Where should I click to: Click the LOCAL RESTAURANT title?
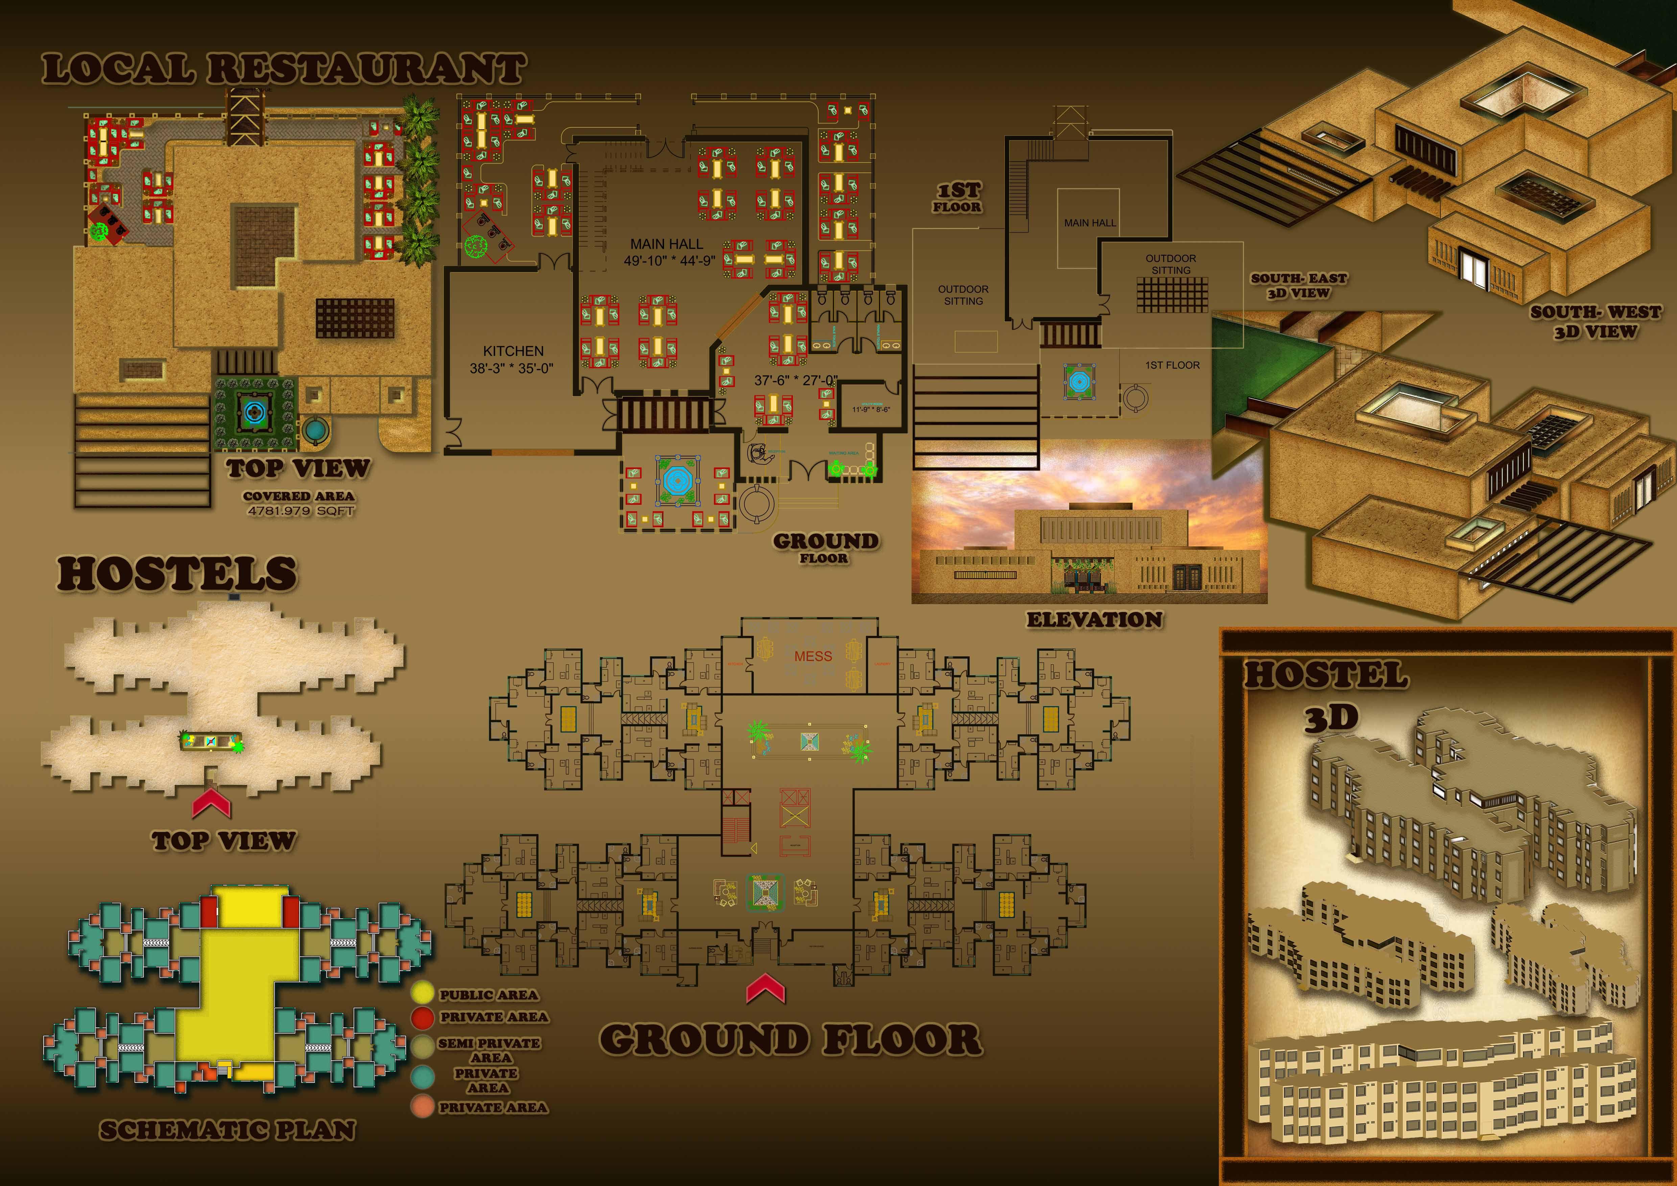click(283, 69)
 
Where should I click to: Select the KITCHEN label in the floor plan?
click(513, 351)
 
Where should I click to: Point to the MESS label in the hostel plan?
click(813, 657)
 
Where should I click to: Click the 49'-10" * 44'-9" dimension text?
click(669, 261)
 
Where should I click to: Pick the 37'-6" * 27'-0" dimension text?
click(796, 380)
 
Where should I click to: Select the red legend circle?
click(422, 1017)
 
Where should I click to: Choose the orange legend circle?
click(422, 1107)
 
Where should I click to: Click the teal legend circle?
click(422, 1076)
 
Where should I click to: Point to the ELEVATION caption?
click(1094, 620)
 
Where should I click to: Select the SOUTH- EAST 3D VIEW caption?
click(1299, 286)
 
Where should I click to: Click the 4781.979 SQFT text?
click(300, 511)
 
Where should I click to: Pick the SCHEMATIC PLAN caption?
click(227, 1131)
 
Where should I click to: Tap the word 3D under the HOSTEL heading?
click(1331, 719)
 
